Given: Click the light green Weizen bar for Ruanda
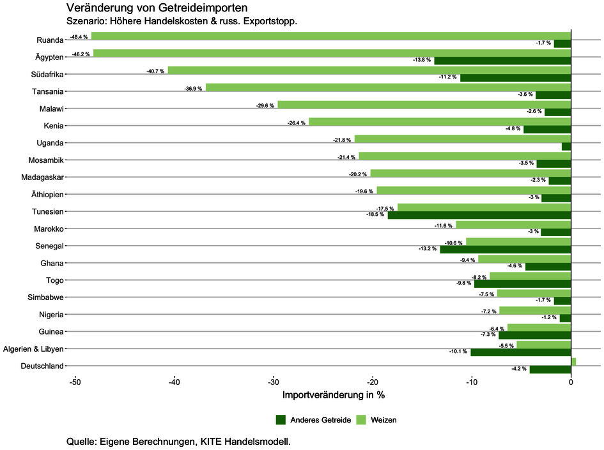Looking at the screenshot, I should (x=331, y=36).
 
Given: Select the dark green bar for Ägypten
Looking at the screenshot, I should (x=502, y=61).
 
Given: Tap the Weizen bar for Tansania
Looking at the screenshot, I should (x=388, y=87).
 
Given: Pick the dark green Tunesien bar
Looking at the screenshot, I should (x=479, y=215).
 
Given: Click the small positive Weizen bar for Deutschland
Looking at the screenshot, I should (x=573, y=362).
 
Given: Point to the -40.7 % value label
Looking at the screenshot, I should (x=157, y=70).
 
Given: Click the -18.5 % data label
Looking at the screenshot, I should (x=375, y=214).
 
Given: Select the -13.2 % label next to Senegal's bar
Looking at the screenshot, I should (x=427, y=249).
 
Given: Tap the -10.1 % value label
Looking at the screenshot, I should (x=458, y=352).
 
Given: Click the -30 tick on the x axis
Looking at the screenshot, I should (x=273, y=382).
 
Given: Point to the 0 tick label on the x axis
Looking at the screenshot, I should (x=571, y=382).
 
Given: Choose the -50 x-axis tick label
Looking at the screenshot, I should (x=75, y=382).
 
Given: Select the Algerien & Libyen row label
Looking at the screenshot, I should (x=33, y=349).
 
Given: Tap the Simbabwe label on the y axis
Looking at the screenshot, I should (x=45, y=297).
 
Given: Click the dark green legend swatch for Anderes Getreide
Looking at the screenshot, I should (x=281, y=419).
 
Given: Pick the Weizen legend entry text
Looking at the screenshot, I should (x=383, y=419).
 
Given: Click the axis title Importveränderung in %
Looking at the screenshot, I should (x=333, y=395).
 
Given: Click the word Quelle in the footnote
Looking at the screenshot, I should (x=81, y=441).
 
